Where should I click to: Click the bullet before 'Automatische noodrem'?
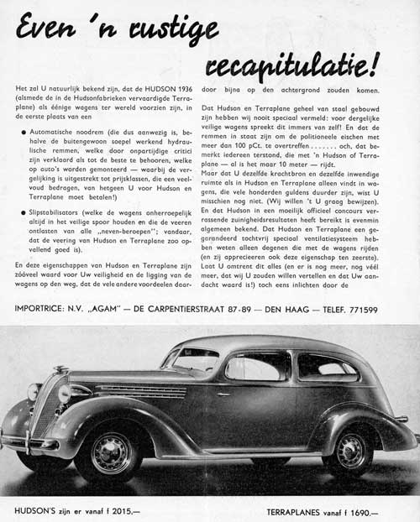coord(22,133)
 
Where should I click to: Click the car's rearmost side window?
coord(324,367)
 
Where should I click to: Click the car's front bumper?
coord(25,441)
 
